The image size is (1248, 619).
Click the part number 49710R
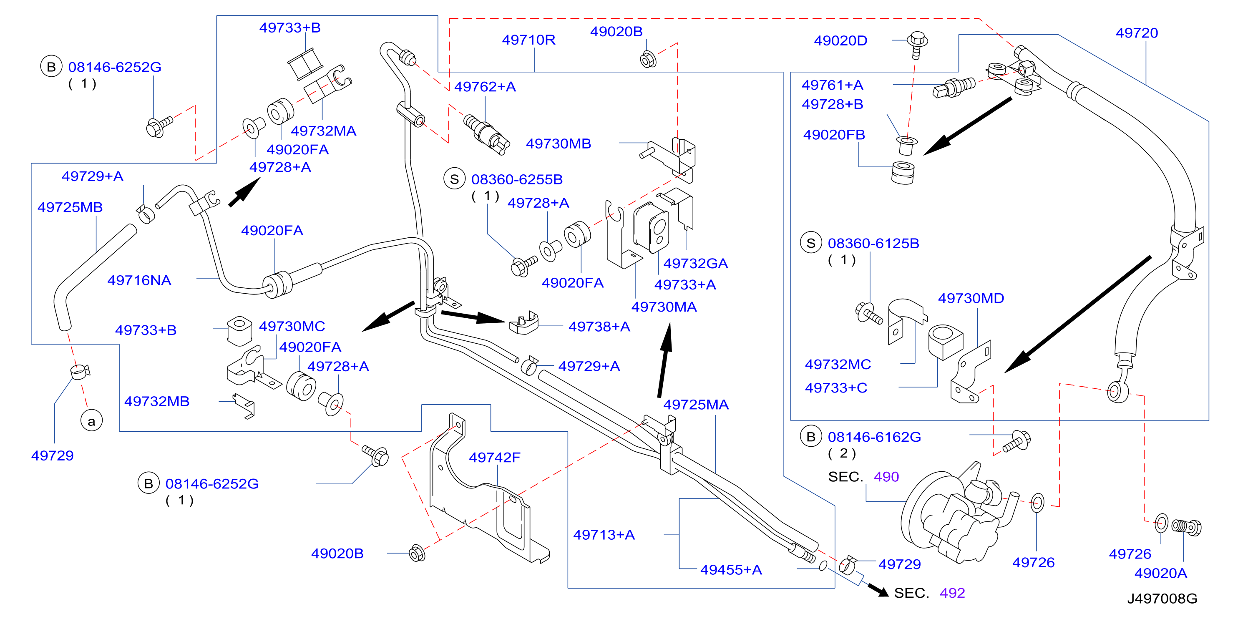click(528, 40)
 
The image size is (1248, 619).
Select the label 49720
click(1137, 33)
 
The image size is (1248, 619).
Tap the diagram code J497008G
click(1162, 599)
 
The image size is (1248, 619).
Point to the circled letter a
click(92, 421)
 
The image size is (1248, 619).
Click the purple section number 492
click(952, 593)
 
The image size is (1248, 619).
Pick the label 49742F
click(495, 457)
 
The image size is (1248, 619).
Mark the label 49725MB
click(70, 207)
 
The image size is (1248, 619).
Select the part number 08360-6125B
click(873, 243)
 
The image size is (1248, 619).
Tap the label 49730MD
click(971, 298)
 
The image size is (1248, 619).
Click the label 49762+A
click(485, 87)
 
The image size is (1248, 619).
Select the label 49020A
click(1161, 574)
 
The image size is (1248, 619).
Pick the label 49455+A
click(731, 570)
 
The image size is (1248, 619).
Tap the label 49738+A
click(599, 327)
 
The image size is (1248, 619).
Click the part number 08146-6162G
click(874, 437)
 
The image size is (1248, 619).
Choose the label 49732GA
click(696, 264)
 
